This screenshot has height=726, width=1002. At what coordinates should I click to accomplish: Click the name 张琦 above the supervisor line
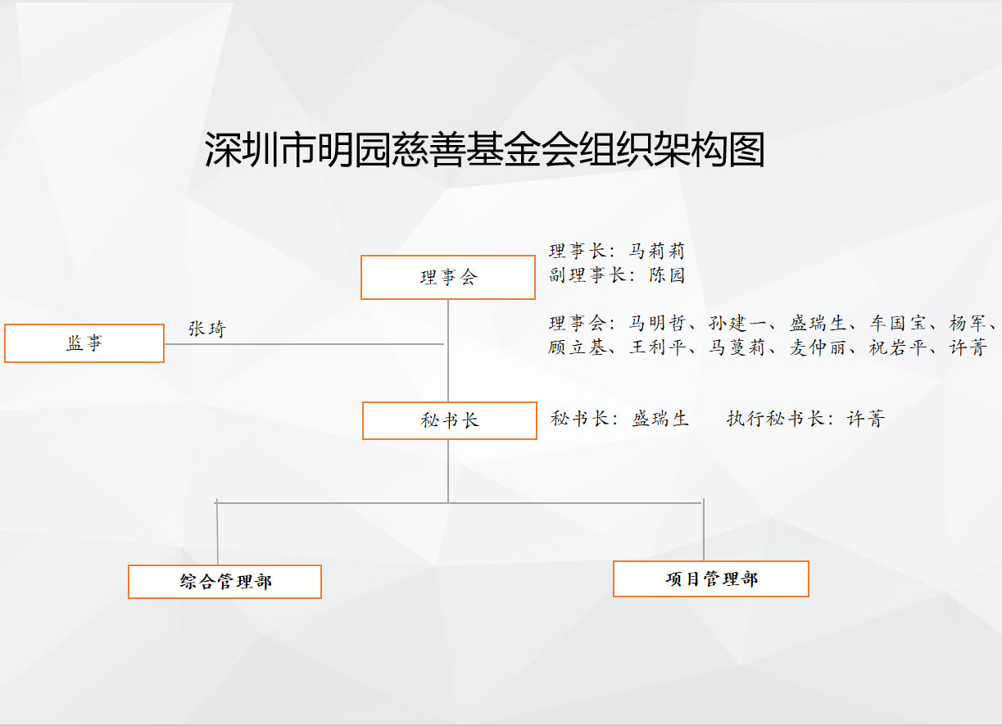click(x=207, y=329)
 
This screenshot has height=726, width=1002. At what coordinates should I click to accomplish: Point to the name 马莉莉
click(x=657, y=251)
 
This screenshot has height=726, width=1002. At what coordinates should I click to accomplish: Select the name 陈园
click(x=667, y=275)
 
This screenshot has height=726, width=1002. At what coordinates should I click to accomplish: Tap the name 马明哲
click(x=657, y=323)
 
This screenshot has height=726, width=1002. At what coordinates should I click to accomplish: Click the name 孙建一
click(x=737, y=323)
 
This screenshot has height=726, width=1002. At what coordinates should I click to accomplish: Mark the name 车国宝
click(x=898, y=323)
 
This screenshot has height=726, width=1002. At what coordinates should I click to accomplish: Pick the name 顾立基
click(x=577, y=347)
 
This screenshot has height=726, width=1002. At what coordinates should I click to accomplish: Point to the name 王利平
click(x=657, y=347)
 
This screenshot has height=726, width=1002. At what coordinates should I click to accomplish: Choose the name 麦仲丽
click(x=818, y=347)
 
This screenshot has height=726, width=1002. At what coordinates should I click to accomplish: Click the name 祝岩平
click(x=898, y=347)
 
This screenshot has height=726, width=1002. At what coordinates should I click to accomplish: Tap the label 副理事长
click(x=587, y=275)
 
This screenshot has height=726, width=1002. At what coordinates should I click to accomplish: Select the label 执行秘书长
click(x=776, y=419)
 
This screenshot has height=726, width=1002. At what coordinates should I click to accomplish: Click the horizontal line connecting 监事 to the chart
click(x=304, y=344)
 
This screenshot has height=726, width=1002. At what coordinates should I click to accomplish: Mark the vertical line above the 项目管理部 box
click(x=704, y=529)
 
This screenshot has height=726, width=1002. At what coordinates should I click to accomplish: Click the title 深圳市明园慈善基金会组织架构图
click(x=484, y=149)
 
